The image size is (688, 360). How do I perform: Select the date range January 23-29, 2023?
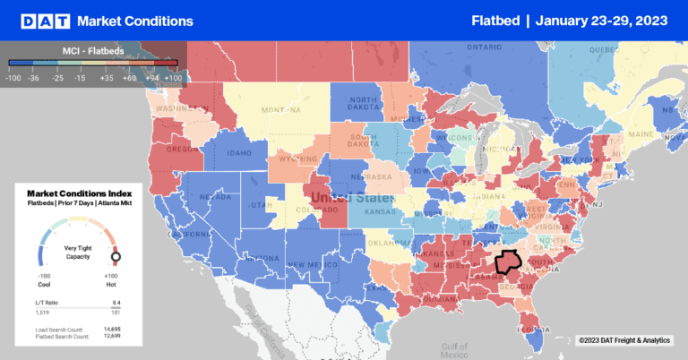click(601, 20)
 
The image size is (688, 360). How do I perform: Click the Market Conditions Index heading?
click(81, 193)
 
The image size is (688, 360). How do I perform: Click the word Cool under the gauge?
click(41, 283)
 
